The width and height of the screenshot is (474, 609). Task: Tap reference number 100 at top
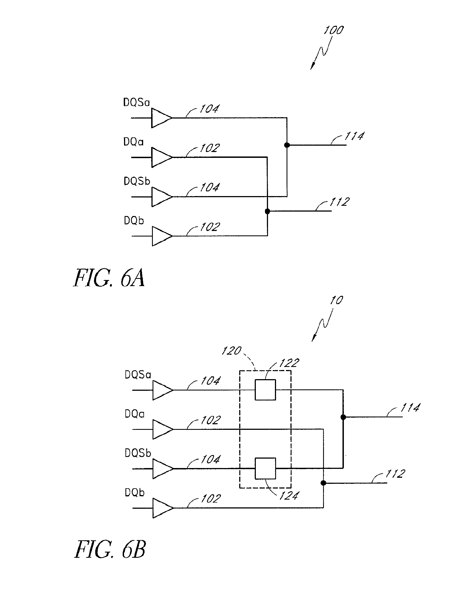pos(333,30)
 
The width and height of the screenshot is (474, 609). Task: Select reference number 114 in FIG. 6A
pos(354,136)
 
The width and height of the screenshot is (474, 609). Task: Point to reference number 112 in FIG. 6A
pos(339,202)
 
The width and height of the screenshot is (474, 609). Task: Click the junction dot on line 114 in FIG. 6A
pos(287,145)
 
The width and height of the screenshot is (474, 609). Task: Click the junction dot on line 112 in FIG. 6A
pos(267,211)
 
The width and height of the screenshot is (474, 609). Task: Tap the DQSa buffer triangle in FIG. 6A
pos(160,118)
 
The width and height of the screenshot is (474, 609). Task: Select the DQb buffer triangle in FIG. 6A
pos(161,236)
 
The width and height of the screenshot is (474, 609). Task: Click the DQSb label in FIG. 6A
pos(136,181)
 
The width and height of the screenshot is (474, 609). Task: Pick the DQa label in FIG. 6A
pos(133,142)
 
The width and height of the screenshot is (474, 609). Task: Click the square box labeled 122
pos(265,390)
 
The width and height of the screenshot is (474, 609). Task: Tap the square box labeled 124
pos(265,469)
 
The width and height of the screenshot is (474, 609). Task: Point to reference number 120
pos(231,351)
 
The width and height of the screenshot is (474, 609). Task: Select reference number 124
pos(289,495)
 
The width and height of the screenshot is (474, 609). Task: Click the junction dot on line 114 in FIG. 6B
pos(343,417)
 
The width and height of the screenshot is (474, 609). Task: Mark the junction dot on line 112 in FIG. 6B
pos(323,483)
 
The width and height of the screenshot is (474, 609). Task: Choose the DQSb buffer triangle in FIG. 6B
pos(161,469)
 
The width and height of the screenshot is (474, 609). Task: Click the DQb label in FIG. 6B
pos(134,493)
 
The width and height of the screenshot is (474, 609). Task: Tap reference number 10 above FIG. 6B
pos(336,300)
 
